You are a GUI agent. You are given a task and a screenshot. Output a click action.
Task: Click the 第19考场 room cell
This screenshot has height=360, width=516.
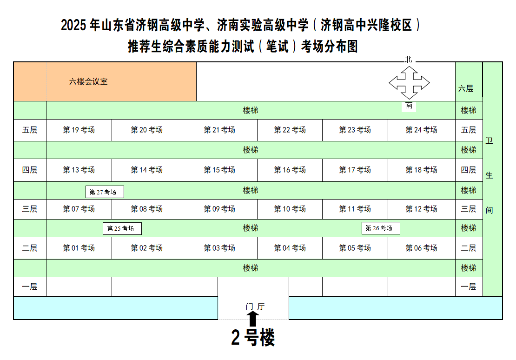pos(79,130)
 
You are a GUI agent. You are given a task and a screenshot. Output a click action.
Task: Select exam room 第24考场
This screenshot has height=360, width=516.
pos(422,130)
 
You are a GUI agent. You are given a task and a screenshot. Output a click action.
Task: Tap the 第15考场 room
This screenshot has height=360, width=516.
pos(219,170)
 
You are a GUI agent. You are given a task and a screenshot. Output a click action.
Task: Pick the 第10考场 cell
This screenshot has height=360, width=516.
pos(290,209)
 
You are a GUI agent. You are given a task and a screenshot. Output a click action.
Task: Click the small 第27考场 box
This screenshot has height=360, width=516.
pos(105,192)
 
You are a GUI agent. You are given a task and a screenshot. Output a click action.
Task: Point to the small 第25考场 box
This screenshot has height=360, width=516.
pos(122,228)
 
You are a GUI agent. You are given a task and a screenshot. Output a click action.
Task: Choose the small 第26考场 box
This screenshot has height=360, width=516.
pos(381,228)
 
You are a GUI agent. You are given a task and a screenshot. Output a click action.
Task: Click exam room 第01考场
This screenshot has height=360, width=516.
pos(79,248)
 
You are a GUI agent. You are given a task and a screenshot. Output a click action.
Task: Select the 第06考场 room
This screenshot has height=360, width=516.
pos(422,248)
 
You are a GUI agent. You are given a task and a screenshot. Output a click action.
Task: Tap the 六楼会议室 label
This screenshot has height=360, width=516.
pos(88,82)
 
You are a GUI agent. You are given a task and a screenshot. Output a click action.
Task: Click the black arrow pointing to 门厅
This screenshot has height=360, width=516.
pos(252,319)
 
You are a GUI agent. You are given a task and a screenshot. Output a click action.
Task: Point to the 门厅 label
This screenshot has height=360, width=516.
pos(255,307)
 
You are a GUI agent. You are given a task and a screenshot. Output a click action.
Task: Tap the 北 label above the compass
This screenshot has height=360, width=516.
pos(409,59)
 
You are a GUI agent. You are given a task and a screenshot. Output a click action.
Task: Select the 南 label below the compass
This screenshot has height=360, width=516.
pos(409,106)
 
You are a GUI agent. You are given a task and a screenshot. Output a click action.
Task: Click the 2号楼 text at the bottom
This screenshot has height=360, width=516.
pos(253,337)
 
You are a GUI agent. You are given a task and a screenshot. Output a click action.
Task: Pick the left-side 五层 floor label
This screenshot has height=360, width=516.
pos(30,130)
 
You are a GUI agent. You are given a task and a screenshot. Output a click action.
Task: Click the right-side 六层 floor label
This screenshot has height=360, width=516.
pos(466,88)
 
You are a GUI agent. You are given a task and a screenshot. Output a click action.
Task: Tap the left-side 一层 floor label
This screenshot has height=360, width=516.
pos(30,287)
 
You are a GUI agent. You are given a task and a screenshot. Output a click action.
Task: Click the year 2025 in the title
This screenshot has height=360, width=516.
pos(74,25)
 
